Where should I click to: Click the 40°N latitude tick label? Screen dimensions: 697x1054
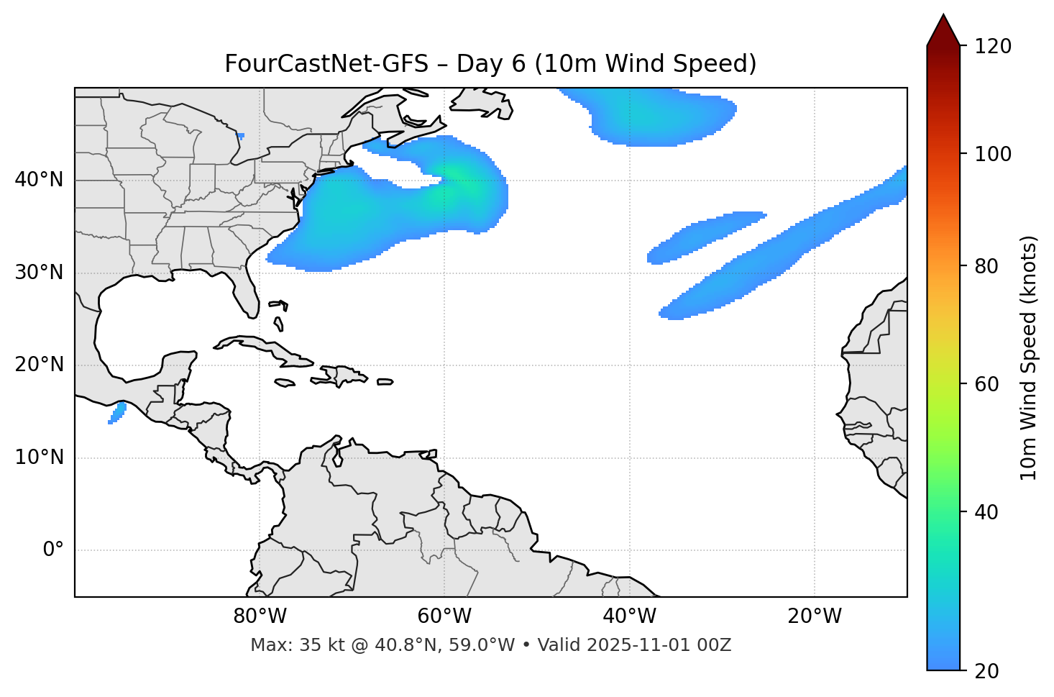pyautogui.click(x=39, y=180)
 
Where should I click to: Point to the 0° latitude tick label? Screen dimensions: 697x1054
pyautogui.click(x=52, y=550)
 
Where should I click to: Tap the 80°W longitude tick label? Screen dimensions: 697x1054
pyautogui.click(x=260, y=616)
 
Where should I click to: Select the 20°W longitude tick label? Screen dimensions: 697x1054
pyautogui.click(x=815, y=616)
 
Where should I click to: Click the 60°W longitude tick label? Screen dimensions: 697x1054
pyautogui.click(x=444, y=616)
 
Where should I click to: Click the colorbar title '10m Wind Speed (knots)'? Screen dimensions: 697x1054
pyautogui.click(x=1029, y=357)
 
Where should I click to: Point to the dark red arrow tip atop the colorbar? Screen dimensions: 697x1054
pyautogui.click(x=943, y=29)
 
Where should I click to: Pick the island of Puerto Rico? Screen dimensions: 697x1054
pyautogui.click(x=385, y=382)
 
